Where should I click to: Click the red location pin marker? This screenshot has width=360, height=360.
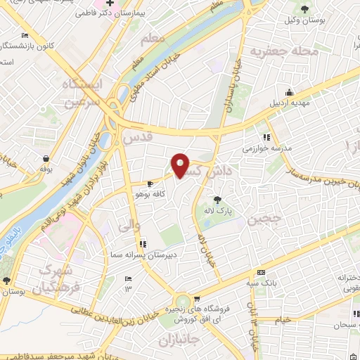tap(181, 165)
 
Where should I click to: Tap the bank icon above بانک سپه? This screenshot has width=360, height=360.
tap(262, 272)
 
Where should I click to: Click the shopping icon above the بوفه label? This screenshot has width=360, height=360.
tap(46, 158)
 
